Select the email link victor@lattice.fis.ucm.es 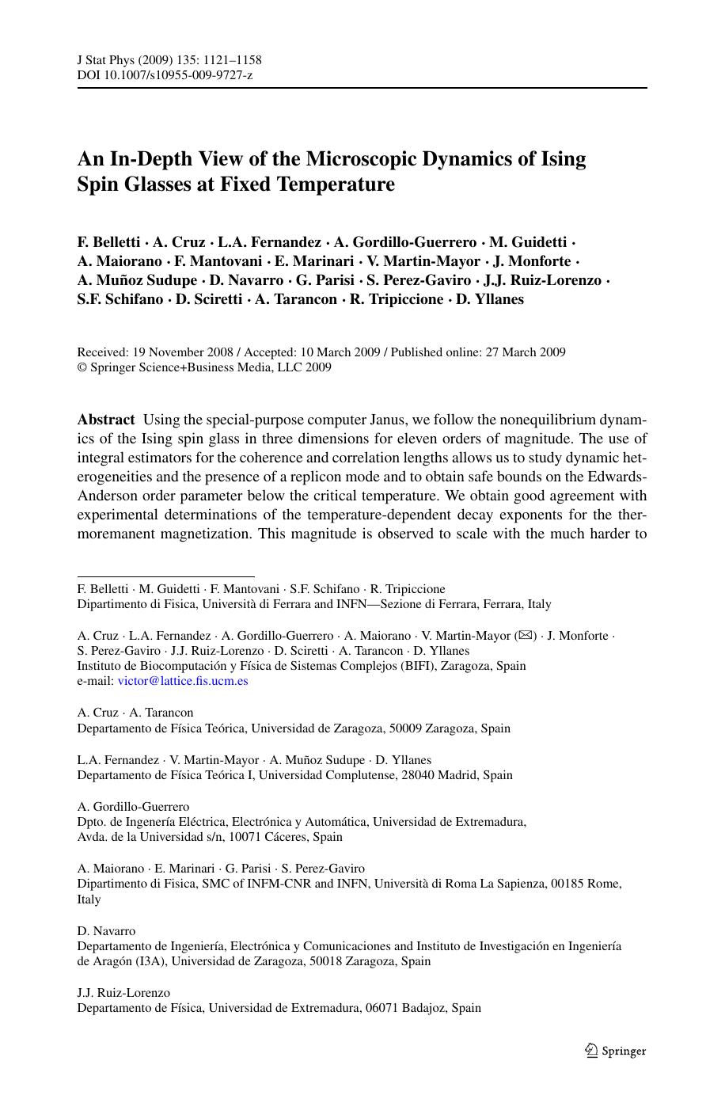[x=183, y=681]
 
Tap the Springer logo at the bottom [x=616, y=1051]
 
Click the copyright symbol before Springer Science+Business [x=82, y=367]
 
